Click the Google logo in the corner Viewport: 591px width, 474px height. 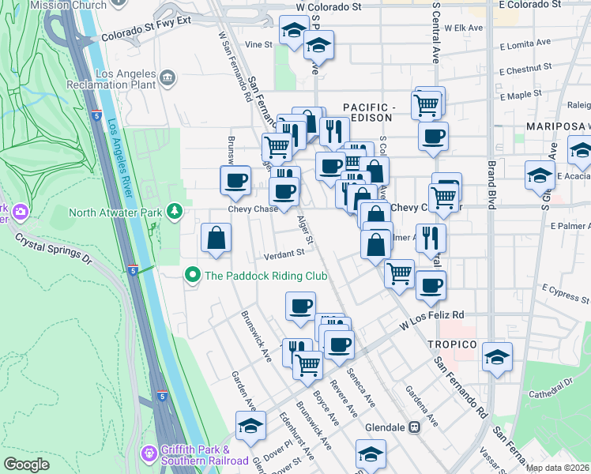[x=26, y=465]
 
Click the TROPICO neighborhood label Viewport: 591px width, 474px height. [x=452, y=344]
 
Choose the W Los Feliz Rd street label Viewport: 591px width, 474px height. [x=431, y=319]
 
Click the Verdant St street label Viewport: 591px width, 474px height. [x=284, y=253]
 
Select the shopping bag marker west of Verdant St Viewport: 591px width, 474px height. [x=216, y=238]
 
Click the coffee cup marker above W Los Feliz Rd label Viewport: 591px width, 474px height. [x=431, y=285]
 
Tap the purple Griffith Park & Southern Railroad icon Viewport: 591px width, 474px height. [x=148, y=453]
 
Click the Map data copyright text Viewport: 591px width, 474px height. [x=557, y=468]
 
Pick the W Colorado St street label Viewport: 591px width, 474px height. [x=328, y=6]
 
